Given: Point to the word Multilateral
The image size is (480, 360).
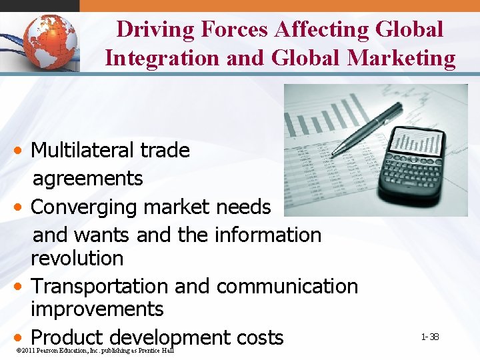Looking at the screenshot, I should (83, 150).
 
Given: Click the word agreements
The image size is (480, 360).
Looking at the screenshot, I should (87, 179).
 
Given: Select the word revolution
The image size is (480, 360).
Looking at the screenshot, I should (77, 258).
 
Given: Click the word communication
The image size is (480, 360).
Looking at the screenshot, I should (287, 286).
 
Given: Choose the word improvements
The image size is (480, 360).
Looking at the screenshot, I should (97, 309).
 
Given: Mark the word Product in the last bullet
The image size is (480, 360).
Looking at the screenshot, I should (69, 337).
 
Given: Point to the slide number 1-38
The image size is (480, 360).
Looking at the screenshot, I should (430, 337).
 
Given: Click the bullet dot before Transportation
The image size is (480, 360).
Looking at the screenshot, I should (21, 287).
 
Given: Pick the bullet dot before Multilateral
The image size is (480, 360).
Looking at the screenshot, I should (21, 151).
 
